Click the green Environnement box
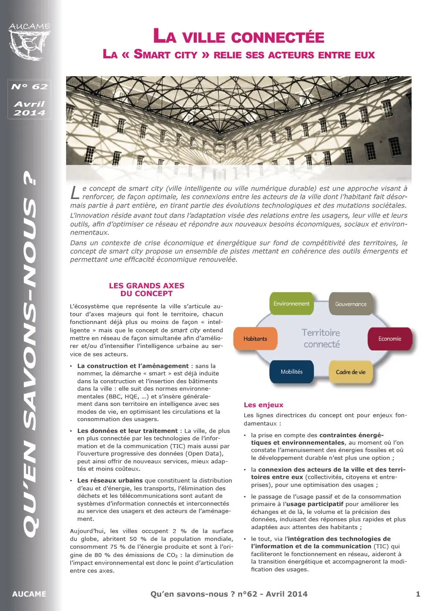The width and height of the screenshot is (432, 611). [291, 304]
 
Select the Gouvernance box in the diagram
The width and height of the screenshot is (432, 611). [351, 304]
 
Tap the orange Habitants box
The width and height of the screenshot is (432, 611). [255, 338]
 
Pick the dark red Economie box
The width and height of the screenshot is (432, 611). [389, 338]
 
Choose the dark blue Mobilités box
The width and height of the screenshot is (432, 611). [291, 371]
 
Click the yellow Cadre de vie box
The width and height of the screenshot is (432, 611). [351, 372]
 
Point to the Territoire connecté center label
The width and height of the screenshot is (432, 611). [321, 338]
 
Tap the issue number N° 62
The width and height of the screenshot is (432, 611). [29, 86]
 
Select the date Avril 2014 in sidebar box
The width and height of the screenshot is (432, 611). [29, 108]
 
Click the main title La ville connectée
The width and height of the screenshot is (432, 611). [239, 37]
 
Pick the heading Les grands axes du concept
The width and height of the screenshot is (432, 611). [146, 290]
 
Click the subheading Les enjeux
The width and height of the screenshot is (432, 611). [263, 405]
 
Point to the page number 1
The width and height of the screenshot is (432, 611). [418, 594]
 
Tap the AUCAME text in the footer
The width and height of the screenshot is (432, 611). [29, 594]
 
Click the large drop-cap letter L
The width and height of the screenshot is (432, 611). [75, 192]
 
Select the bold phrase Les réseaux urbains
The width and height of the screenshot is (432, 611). [110, 480]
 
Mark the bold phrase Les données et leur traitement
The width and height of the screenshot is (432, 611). [127, 431]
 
